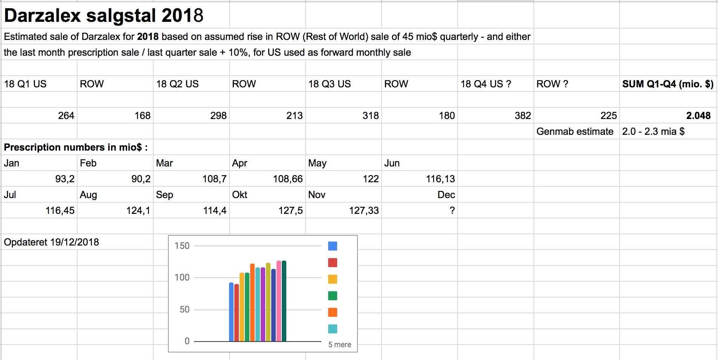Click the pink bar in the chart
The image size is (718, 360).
[x=279, y=301]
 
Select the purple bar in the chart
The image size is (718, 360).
[x=263, y=304]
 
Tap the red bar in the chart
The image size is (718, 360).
[x=237, y=313]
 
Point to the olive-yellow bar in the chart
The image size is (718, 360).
[x=268, y=302]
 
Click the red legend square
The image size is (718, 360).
[x=333, y=262]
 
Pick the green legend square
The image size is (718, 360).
[x=333, y=296]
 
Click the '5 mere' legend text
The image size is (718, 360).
[x=339, y=345]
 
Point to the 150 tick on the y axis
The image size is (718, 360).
[x=182, y=246]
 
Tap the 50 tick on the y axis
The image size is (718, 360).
[x=185, y=310]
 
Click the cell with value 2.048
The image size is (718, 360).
[x=698, y=116]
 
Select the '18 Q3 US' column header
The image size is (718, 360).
[x=330, y=84]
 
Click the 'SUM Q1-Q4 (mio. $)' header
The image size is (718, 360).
[x=668, y=84]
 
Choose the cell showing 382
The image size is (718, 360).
[x=523, y=116]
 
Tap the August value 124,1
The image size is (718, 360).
[x=138, y=211]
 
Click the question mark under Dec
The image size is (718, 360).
[x=452, y=211]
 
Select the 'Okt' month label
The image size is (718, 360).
[x=240, y=195]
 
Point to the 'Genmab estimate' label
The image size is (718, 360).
[x=575, y=131]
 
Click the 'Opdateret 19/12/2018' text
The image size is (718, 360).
[x=51, y=242]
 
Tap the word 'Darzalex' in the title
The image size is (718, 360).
[x=43, y=15]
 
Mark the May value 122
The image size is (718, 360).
[x=371, y=179]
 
